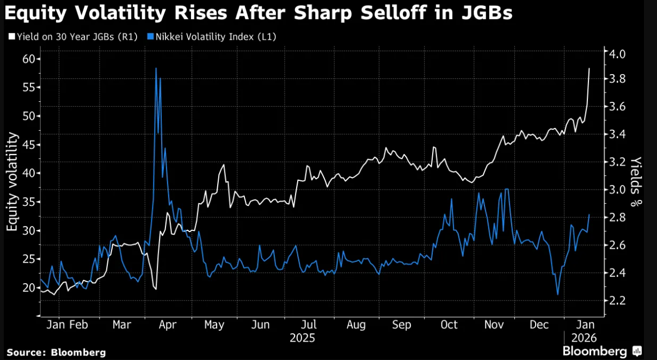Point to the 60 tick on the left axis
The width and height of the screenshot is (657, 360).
click(27, 59)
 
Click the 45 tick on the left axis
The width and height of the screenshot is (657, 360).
click(27, 145)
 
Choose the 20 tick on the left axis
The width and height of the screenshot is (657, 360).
click(27, 288)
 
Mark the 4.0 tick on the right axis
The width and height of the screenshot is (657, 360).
click(618, 54)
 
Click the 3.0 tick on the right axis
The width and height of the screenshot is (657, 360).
click(618, 190)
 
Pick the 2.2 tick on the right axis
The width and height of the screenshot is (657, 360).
click(618, 301)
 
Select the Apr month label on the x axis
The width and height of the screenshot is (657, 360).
click(168, 325)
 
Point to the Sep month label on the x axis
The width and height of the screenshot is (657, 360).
click(402, 325)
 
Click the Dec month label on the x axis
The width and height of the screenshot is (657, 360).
click(539, 325)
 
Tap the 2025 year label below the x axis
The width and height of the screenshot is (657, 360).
click(302, 338)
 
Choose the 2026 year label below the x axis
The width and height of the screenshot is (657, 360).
click(584, 338)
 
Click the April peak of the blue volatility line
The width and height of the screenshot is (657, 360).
click(156, 69)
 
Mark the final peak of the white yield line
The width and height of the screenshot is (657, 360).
click(590, 69)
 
